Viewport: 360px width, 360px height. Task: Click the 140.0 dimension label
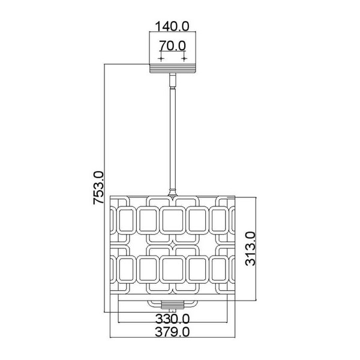pyautogui.click(x=172, y=26)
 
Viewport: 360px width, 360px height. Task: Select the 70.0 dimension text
pyautogui.click(x=172, y=46)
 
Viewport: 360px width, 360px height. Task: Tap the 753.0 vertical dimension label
pyautogui.click(x=98, y=188)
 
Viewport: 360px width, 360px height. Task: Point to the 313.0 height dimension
pyautogui.click(x=250, y=248)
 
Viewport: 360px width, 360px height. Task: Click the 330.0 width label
pyautogui.click(x=172, y=319)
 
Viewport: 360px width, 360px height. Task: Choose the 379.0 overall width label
pyautogui.click(x=172, y=332)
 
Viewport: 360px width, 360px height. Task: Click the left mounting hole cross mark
pyautogui.click(x=161, y=59)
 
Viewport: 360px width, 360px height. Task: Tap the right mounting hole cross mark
pyautogui.click(x=184, y=59)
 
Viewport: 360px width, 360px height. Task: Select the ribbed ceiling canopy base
pyautogui.click(x=173, y=68)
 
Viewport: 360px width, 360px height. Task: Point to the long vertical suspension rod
pyautogui.click(x=173, y=139)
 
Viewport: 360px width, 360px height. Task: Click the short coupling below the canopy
pyautogui.click(x=173, y=80)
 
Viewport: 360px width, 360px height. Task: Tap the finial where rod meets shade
pyautogui.click(x=172, y=193)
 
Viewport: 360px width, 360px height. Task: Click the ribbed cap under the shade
pyautogui.click(x=173, y=305)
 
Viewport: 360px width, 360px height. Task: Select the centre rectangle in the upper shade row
pyautogui.click(x=172, y=220)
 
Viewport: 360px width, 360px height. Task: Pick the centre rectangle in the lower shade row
pyautogui.click(x=172, y=269)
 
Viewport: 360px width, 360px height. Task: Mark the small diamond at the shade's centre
pyautogui.click(x=173, y=245)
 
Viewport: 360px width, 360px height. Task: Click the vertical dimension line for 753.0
pyautogui.click(x=104, y=188)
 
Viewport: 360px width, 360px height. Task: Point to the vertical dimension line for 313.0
pyautogui.click(x=256, y=248)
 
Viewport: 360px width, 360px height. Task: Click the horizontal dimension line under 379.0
pyautogui.click(x=173, y=337)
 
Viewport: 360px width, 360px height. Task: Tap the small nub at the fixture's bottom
pyautogui.click(x=173, y=310)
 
